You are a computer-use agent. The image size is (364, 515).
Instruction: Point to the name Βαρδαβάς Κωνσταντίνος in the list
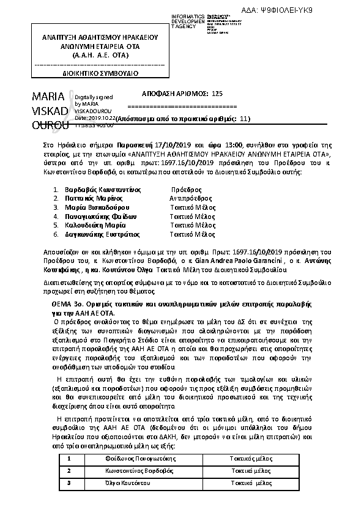(98, 190)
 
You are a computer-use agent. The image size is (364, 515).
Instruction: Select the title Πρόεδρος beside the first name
(186, 190)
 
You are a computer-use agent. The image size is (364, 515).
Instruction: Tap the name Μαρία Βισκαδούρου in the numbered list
(95, 207)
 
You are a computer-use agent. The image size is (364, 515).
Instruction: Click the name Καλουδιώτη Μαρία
(91, 225)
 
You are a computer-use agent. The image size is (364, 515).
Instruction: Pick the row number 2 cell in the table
(69, 471)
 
